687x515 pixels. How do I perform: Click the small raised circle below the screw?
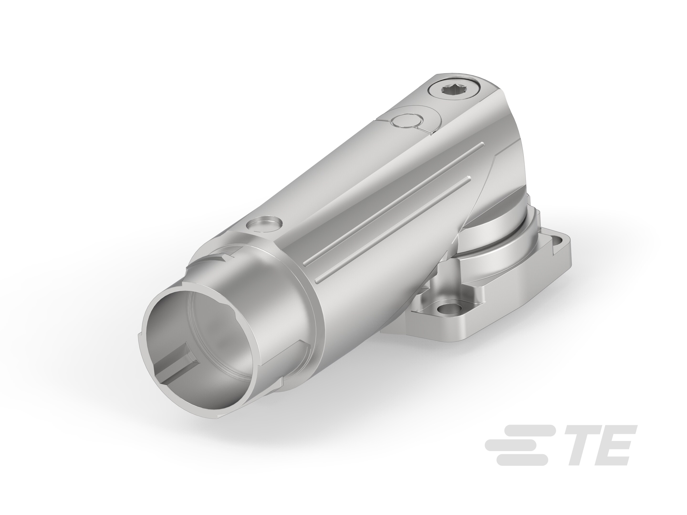click(407, 121)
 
